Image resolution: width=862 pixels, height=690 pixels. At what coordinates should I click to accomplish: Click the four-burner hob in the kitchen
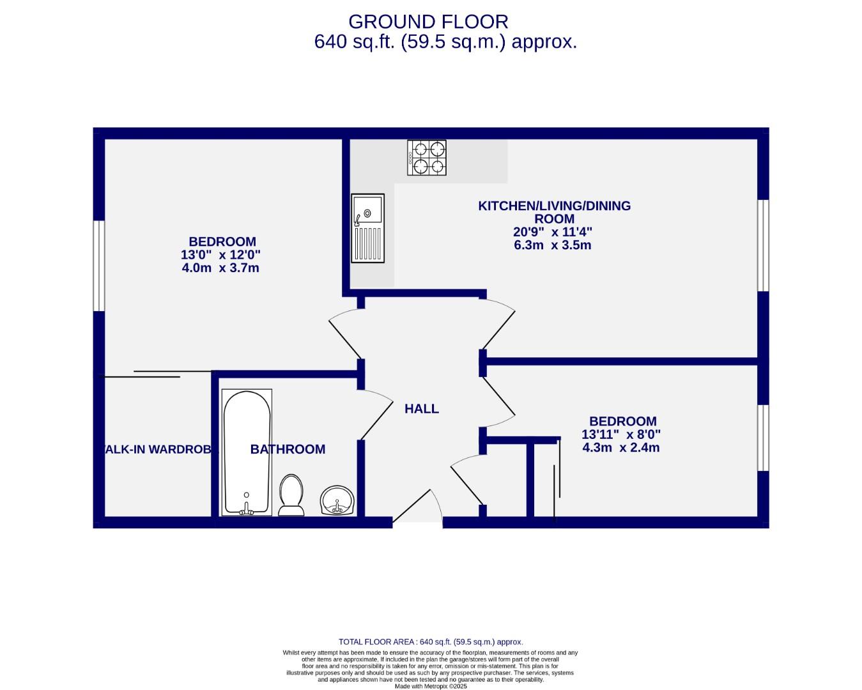coord(427,158)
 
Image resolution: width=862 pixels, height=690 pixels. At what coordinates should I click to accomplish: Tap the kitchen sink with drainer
coord(368,228)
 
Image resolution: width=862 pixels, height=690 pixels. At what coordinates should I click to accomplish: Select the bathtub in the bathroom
coord(247,452)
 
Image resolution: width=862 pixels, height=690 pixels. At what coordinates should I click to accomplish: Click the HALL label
coord(422,409)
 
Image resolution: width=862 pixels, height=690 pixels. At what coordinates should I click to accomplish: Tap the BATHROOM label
coord(288,449)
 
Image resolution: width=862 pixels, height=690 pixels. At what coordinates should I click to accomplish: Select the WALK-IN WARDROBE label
coord(157,449)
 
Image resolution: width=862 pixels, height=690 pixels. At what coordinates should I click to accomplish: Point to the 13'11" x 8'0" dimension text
coord(620,434)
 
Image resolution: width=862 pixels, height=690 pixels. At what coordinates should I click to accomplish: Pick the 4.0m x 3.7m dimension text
coord(220,268)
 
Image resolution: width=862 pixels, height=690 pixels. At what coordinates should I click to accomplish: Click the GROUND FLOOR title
coord(428,22)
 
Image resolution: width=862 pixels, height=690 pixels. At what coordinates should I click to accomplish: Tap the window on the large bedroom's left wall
coord(99,266)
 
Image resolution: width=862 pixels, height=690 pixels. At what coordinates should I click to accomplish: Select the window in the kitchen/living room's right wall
coord(763,245)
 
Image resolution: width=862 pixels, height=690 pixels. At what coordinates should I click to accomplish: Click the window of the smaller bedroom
coord(763,438)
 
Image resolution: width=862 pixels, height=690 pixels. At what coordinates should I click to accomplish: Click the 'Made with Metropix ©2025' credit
coord(431,687)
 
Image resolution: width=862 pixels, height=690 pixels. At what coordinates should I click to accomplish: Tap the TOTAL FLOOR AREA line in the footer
coord(431,642)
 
